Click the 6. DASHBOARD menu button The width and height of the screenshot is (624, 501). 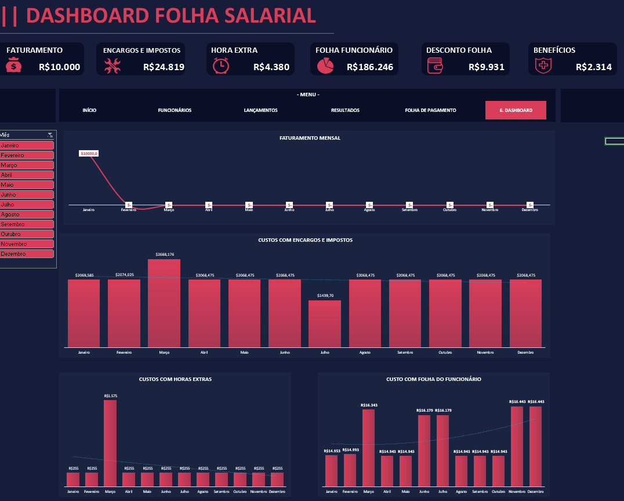pyautogui.click(x=516, y=110)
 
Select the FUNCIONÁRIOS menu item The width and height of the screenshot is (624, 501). pyautogui.click(x=175, y=110)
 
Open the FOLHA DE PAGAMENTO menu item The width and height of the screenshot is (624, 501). pyautogui.click(x=430, y=110)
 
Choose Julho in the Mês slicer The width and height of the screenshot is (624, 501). pyautogui.click(x=27, y=204)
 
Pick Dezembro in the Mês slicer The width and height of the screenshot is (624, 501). pyautogui.click(x=27, y=253)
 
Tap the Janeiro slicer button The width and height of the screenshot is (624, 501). pyautogui.click(x=27, y=145)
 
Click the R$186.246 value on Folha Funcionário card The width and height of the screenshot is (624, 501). pyautogui.click(x=370, y=67)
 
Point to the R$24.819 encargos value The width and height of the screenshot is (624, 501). pyautogui.click(x=164, y=67)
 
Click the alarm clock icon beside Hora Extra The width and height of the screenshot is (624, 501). pyautogui.click(x=220, y=66)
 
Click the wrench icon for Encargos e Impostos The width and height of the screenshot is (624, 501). pyautogui.click(x=113, y=66)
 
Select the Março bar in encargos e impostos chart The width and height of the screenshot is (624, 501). pyautogui.click(x=164, y=303)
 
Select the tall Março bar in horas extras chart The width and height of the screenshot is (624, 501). pyautogui.click(x=110, y=443)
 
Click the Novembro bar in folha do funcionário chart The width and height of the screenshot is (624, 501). pyautogui.click(x=517, y=446)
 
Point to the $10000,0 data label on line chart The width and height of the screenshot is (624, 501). pyautogui.click(x=89, y=153)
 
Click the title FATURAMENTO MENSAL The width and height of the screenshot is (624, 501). pyautogui.click(x=310, y=138)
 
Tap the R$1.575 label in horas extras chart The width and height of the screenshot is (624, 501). pyautogui.click(x=110, y=396)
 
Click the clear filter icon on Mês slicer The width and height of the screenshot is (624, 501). pyautogui.click(x=50, y=135)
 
